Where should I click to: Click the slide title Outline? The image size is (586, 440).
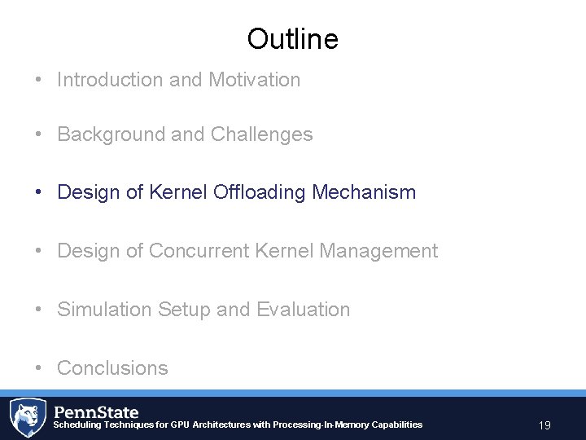coord(292,38)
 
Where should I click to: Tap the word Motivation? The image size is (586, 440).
coord(254,80)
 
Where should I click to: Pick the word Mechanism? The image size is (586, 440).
coord(364,192)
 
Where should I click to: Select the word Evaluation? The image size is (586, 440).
coord(303,310)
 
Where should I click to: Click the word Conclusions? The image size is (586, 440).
coord(112,368)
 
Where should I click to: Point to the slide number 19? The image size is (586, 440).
coord(544,425)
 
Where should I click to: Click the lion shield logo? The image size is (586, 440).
coord(27,417)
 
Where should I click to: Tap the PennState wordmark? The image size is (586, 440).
coord(96,411)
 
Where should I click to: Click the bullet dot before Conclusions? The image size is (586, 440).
coord(39,368)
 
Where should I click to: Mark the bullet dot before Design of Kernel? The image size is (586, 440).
coord(39,192)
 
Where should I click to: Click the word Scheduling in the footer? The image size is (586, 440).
coord(77,425)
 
